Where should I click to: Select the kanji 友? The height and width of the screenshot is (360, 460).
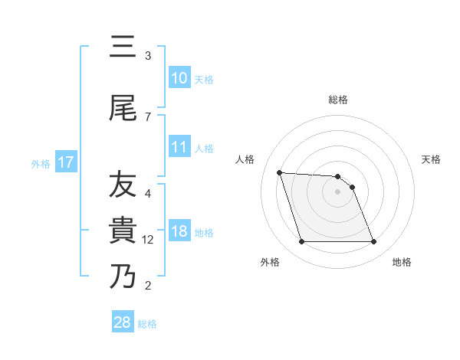pos(123,185)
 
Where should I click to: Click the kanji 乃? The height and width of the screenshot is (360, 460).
pos(123,277)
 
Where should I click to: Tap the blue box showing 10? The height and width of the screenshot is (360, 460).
pos(179,78)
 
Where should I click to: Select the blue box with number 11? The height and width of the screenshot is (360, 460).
pos(179,147)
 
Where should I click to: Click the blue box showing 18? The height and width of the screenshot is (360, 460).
pos(179,231)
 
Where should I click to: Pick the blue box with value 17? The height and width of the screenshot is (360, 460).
pos(65,162)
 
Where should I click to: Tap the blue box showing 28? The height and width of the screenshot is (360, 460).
pos(123,322)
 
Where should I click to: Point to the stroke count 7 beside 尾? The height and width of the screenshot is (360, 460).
pos(148,116)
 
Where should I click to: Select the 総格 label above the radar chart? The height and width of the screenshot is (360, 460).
pos(338,100)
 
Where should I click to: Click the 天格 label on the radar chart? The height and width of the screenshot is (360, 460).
pos(432,159)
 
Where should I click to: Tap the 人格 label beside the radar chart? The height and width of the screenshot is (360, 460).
pos(245,159)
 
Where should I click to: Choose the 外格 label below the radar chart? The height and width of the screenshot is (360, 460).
pos(270,262)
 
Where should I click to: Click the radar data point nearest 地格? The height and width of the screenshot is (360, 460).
pos(373,242)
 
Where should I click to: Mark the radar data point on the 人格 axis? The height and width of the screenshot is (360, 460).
pos(279,172)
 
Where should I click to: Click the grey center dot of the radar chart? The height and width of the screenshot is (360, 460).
pos(338,191)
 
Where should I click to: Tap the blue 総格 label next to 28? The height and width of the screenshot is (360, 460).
pos(147,323)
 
